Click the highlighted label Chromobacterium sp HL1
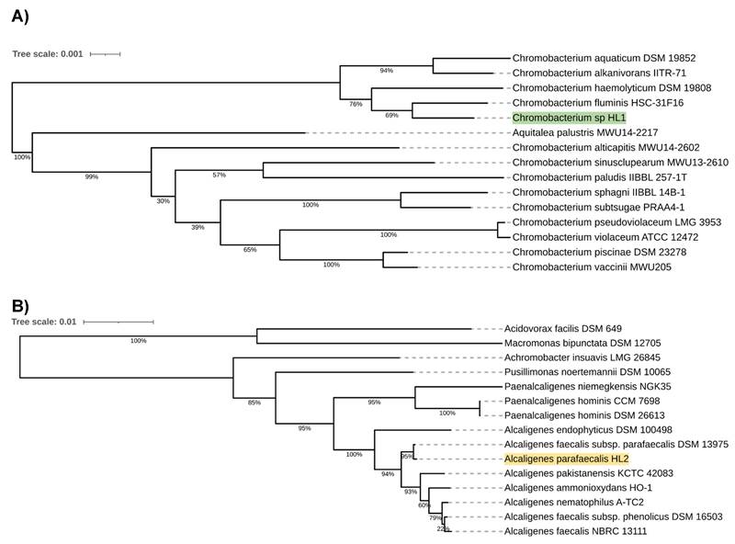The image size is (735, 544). click(568, 118)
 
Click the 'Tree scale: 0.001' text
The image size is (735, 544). click(47, 54)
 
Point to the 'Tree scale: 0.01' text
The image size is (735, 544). click(44, 322)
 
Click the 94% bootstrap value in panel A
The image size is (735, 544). click(386, 70)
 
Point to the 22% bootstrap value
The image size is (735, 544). click(443, 527)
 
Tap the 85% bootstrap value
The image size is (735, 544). click(254, 402)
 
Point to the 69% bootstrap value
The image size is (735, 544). click(391, 115)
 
